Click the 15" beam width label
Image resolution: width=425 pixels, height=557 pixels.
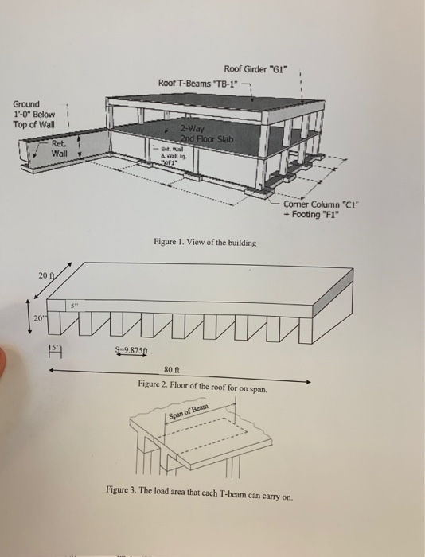pos(55,347)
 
